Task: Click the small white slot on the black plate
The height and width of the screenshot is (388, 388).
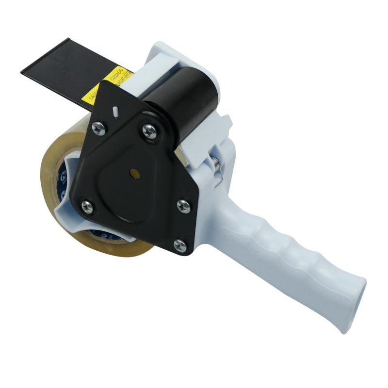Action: click(x=115, y=111)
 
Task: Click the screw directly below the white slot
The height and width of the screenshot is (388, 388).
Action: click(x=99, y=129)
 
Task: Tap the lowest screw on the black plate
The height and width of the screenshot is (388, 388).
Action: click(x=180, y=246)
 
